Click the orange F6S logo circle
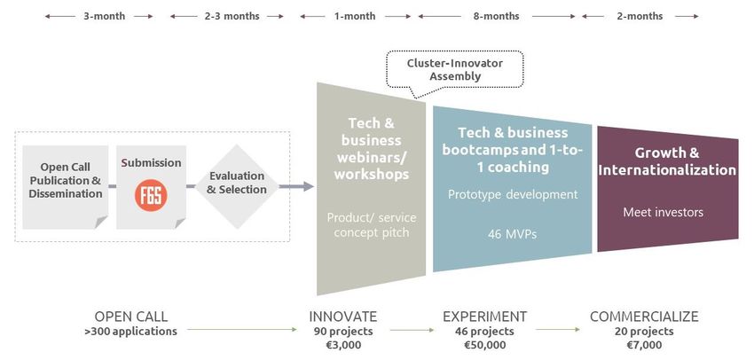(x=151, y=195)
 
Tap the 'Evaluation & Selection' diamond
(x=237, y=186)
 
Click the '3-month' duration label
(x=105, y=16)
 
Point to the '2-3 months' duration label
(x=232, y=16)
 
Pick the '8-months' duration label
(x=496, y=16)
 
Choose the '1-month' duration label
(x=355, y=16)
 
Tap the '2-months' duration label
(x=640, y=16)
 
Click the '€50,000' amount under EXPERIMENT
(x=484, y=345)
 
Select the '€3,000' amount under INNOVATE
(x=343, y=345)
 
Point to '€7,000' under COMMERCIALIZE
(x=644, y=345)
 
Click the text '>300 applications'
(x=130, y=332)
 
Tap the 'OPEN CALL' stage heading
(x=130, y=317)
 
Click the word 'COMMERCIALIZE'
(x=644, y=317)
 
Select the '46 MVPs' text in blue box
(x=512, y=235)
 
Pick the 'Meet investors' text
(x=664, y=212)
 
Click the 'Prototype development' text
(x=513, y=195)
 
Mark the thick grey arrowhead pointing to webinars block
(x=308, y=186)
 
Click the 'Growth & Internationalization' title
(x=667, y=161)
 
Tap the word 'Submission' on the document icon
(x=151, y=163)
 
